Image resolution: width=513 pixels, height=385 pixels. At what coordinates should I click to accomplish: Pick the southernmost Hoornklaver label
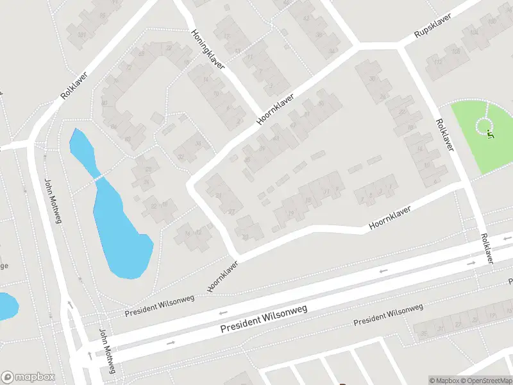tap(223, 276)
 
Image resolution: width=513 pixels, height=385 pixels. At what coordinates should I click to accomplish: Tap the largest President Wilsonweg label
tap(264, 318)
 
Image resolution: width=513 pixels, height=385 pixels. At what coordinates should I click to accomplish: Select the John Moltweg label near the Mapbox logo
tap(106, 352)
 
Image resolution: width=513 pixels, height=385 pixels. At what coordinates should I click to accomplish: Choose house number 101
tap(81, 34)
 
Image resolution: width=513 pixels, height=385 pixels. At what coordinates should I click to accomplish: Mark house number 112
tap(438, 62)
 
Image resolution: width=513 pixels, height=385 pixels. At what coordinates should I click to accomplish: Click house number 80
tap(104, 103)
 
